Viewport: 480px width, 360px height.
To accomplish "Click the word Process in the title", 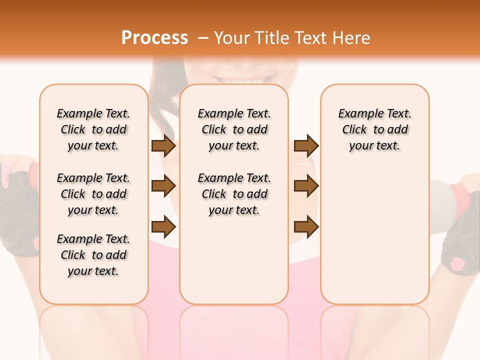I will point(154,37).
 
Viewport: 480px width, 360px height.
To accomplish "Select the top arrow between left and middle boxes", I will point(163,146).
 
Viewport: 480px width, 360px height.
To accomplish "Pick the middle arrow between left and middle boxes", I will point(163,186).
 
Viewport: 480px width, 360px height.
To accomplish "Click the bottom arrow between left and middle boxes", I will point(163,227).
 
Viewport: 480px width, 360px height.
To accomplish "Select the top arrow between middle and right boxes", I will point(306,146).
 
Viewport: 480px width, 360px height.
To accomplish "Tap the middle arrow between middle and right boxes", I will point(306,186).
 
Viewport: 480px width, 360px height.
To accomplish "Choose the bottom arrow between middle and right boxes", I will point(306,227).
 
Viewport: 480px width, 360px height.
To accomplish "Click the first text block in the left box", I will point(93,129).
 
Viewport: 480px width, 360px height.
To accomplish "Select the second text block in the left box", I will point(93,194).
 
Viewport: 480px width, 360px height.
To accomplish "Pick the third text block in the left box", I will point(93,255).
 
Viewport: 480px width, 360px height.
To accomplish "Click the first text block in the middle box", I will point(234,129).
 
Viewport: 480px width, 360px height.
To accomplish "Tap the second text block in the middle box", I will point(234,194).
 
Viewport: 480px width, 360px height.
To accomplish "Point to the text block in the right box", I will point(374,129).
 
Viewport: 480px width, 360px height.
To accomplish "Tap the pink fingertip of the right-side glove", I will point(457,262).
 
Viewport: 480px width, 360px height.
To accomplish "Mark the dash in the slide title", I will point(202,38).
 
